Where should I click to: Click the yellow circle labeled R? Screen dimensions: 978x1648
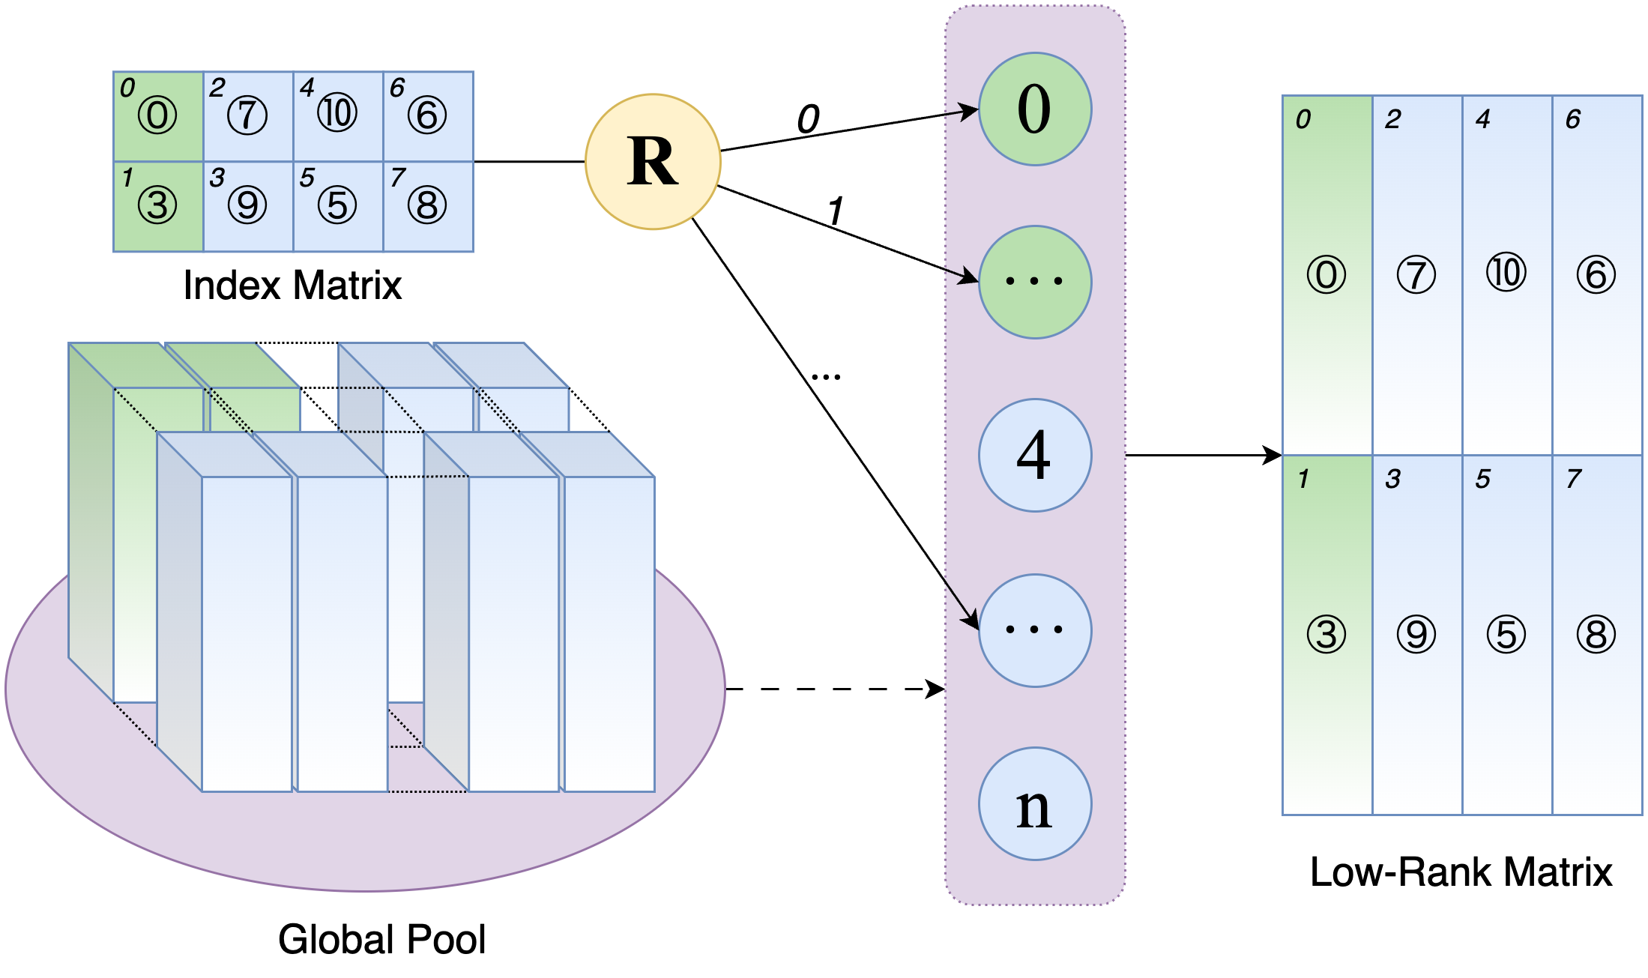coord(653,162)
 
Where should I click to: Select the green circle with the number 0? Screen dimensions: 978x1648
coord(1035,109)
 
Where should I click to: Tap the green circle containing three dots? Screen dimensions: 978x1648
coord(1035,282)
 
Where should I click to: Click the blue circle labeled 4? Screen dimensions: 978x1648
coord(1035,455)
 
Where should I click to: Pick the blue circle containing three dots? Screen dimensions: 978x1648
coord(1035,630)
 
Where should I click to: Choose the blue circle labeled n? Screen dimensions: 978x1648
coord(1035,803)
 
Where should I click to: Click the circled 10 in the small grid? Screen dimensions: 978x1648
coord(337,114)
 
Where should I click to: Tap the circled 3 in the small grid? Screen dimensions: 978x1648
coord(157,205)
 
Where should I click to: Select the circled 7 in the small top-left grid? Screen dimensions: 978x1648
coord(247,115)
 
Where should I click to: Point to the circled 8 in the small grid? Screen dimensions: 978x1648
coord(427,205)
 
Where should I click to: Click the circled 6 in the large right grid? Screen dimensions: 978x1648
coord(1596,274)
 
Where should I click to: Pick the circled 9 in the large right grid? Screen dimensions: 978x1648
coord(1416,635)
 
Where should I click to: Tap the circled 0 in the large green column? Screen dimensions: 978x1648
coord(1326,274)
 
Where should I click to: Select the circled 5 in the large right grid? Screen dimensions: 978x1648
coord(1506,635)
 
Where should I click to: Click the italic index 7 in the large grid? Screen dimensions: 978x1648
coord(1574,479)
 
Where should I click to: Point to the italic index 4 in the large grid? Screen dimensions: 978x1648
coord(1483,119)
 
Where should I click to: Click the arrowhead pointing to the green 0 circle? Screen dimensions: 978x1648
coord(971,111)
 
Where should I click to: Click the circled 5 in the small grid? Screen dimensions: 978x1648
coord(337,205)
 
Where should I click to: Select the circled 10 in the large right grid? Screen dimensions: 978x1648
coord(1506,273)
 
